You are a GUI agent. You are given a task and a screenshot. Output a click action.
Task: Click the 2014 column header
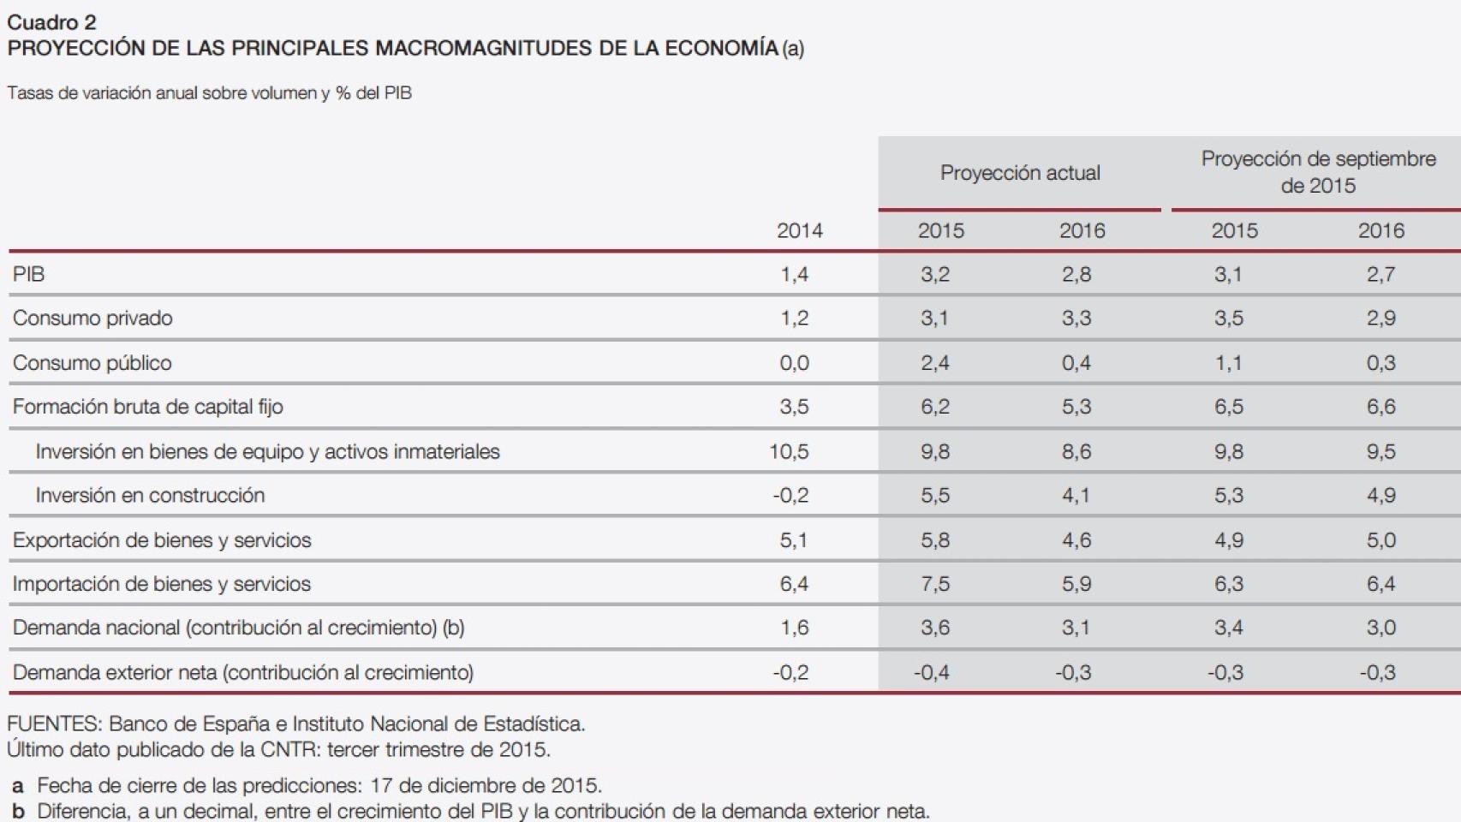tap(799, 230)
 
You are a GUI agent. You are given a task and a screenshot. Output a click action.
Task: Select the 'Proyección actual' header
tap(1019, 173)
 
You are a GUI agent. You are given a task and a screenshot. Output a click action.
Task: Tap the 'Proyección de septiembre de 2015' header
tap(1318, 172)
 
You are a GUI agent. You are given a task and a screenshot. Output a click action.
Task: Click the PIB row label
tap(28, 274)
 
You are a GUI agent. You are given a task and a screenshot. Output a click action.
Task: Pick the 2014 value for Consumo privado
tap(794, 319)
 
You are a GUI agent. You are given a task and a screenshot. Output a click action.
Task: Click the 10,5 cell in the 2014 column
tap(789, 451)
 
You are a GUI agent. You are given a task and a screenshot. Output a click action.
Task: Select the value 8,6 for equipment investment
tap(1076, 451)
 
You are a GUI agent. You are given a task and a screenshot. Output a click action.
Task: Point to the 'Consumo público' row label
tap(92, 362)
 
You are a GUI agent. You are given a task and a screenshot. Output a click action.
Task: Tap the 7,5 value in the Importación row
tap(934, 584)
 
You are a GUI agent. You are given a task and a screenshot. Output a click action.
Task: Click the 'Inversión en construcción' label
tap(150, 495)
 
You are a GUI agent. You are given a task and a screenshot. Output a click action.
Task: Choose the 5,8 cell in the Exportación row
tap(934, 540)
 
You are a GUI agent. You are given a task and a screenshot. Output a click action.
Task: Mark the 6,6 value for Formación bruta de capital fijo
tap(1380, 407)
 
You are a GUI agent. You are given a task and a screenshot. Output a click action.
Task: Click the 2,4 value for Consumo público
tap(934, 362)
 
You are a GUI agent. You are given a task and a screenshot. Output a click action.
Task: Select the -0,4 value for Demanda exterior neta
tap(931, 672)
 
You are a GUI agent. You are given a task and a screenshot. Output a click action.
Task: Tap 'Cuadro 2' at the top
tap(51, 22)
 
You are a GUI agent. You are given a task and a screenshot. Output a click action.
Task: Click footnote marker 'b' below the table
tap(17, 811)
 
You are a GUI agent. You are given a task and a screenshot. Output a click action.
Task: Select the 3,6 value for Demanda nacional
tap(934, 628)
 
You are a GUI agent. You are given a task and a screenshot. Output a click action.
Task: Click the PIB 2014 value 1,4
tap(794, 274)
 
